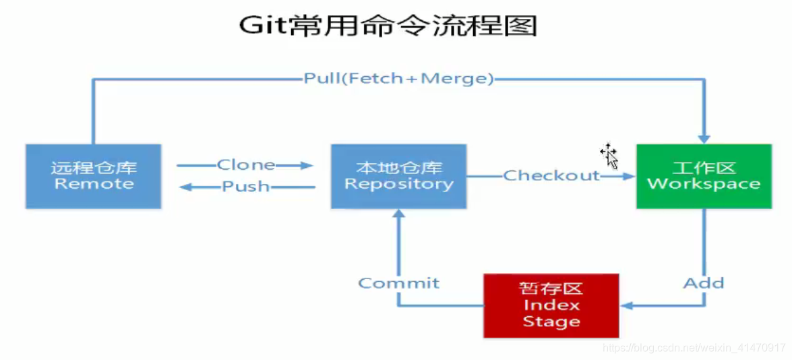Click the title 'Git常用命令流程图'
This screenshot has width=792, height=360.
point(388,26)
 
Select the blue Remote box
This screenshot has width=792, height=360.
point(94,176)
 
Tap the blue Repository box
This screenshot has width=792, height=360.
point(398,176)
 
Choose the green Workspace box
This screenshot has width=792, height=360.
point(704,176)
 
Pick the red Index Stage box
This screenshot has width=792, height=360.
point(551,305)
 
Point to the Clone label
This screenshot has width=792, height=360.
point(245,165)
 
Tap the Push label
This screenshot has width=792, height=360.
point(245,187)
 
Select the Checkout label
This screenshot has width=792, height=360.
point(551,176)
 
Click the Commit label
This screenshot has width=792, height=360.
point(398,283)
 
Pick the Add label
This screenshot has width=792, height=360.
point(704,283)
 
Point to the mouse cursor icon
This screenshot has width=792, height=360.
point(609,156)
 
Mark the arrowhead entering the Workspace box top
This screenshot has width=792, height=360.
point(704,138)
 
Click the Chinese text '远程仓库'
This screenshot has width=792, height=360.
point(94,168)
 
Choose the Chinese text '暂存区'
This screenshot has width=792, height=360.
point(551,289)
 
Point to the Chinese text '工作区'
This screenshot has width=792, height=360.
point(704,168)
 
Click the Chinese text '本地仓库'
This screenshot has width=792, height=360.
point(398,168)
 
